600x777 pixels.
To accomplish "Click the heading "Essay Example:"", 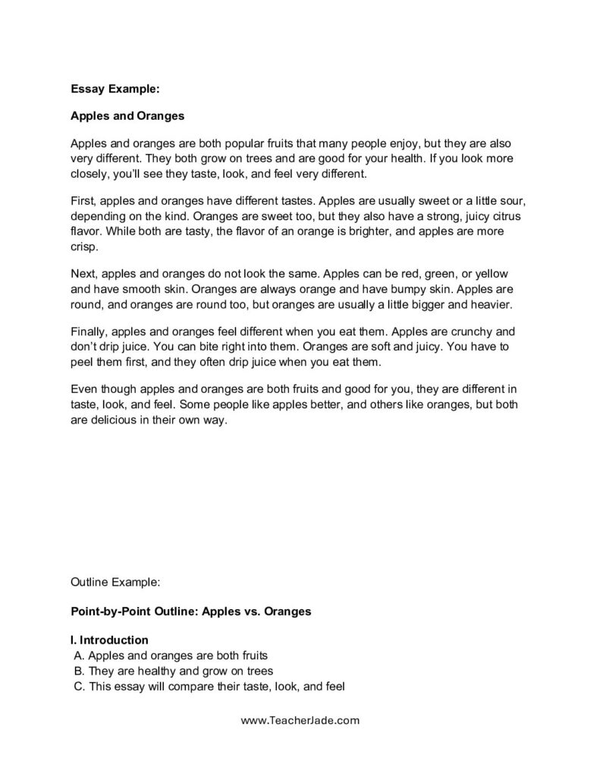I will (115, 89).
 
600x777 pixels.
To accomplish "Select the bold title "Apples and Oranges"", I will (127, 117).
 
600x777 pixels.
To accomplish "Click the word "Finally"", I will (90, 332).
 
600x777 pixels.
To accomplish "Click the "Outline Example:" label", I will (115, 584).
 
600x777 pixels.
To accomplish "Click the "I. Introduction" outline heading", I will (109, 640).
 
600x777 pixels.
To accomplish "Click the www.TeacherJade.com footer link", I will (300, 722).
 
